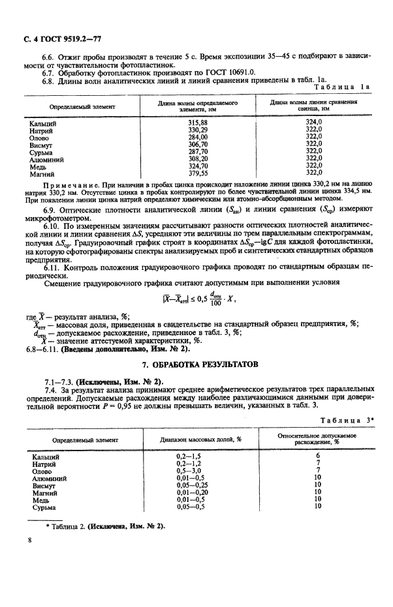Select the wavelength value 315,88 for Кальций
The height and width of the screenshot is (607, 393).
(197, 123)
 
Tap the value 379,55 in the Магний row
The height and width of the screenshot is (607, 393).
(197, 173)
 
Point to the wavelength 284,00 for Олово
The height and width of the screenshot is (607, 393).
(197, 137)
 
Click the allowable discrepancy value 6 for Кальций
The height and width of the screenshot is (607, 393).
(317, 456)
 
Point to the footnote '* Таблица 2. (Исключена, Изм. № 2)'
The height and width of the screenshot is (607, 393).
(104, 526)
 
